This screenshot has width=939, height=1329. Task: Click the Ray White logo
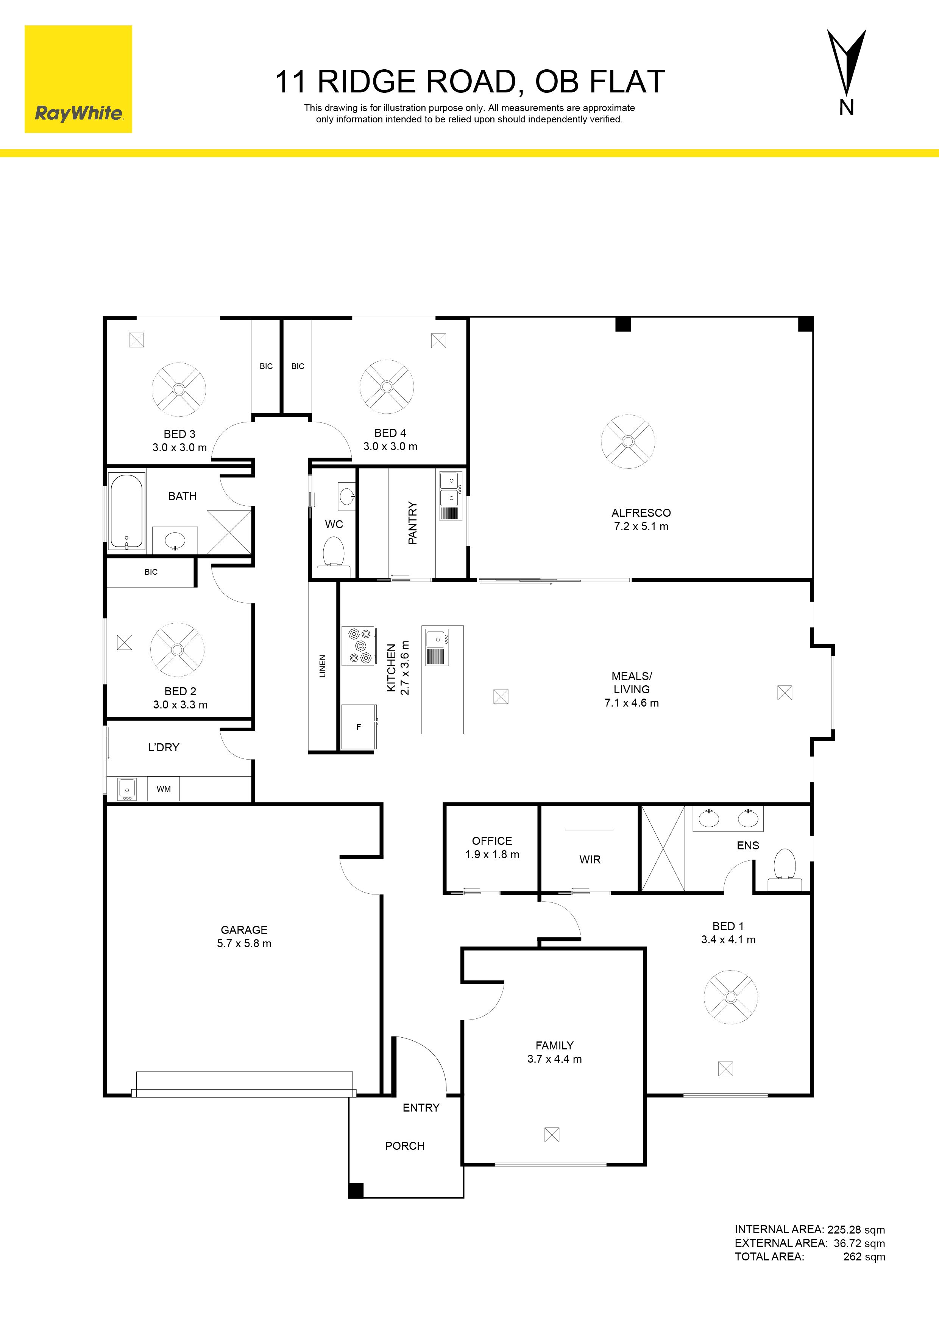click(78, 79)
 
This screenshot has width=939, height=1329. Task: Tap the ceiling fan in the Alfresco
click(628, 442)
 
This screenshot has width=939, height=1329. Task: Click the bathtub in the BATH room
click(127, 511)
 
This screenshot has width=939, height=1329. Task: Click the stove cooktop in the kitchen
click(359, 646)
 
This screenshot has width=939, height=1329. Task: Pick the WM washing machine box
click(164, 788)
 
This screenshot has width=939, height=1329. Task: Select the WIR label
click(590, 860)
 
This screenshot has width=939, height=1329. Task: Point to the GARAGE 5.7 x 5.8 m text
click(244, 936)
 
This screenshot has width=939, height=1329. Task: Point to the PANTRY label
click(412, 523)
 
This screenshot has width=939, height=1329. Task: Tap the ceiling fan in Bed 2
click(178, 649)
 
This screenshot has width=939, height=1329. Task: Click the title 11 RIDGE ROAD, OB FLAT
click(470, 81)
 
